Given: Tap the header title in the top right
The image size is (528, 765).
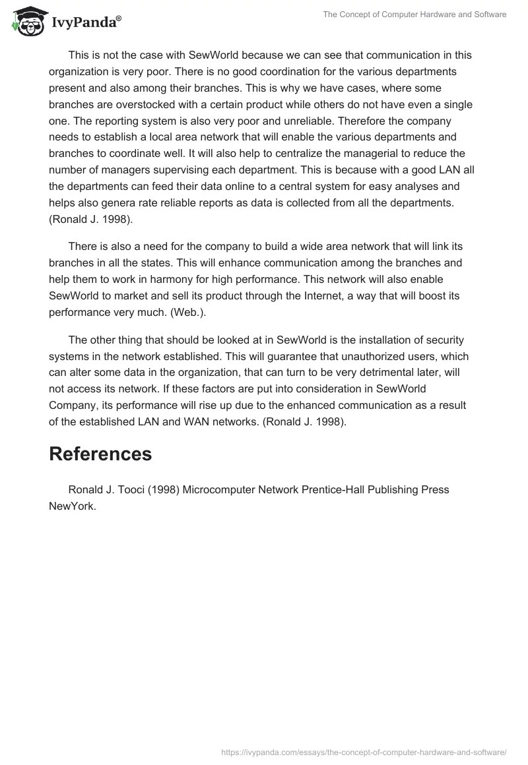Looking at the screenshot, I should pos(414,15).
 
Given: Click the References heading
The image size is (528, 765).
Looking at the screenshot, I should pos(100,454).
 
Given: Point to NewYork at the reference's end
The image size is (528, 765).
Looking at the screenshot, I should pos(73,506).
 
